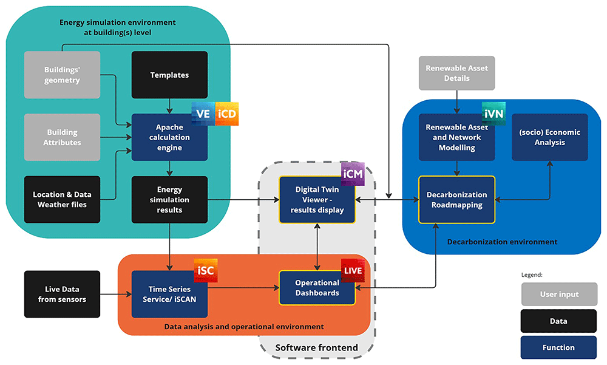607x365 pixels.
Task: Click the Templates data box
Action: pyautogui.click(x=169, y=75)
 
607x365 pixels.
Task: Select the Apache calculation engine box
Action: pyautogui.click(x=169, y=137)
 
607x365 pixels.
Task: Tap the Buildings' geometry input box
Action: pyautogui.click(x=62, y=75)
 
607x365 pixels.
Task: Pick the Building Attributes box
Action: pyautogui.click(x=62, y=137)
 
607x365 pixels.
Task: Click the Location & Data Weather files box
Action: pyautogui.click(x=62, y=200)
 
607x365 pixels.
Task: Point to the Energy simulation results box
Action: pyautogui.click(x=169, y=200)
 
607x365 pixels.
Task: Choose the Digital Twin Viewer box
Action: pyautogui.click(x=317, y=200)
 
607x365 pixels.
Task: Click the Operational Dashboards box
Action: pyautogui.click(x=317, y=288)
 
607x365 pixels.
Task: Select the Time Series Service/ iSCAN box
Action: pyautogui.click(x=169, y=294)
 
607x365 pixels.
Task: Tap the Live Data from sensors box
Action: pyautogui.click(x=62, y=294)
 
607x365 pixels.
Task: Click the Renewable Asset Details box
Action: pyautogui.click(x=457, y=73)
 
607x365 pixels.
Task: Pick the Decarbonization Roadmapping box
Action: pyautogui.click(x=457, y=200)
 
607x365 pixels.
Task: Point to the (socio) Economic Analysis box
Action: pyautogui.click(x=550, y=137)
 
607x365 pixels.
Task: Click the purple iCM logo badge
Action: pyautogui.click(x=353, y=174)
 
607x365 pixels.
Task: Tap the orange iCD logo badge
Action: pyautogui.click(x=227, y=114)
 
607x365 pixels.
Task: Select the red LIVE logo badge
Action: pyautogui.click(x=353, y=270)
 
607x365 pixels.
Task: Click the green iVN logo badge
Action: pyautogui.click(x=493, y=114)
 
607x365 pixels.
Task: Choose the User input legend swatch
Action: pyautogui.click(x=559, y=294)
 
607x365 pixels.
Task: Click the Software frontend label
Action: pyautogui.click(x=317, y=347)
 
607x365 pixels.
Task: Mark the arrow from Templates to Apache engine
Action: pyautogui.click(x=169, y=106)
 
